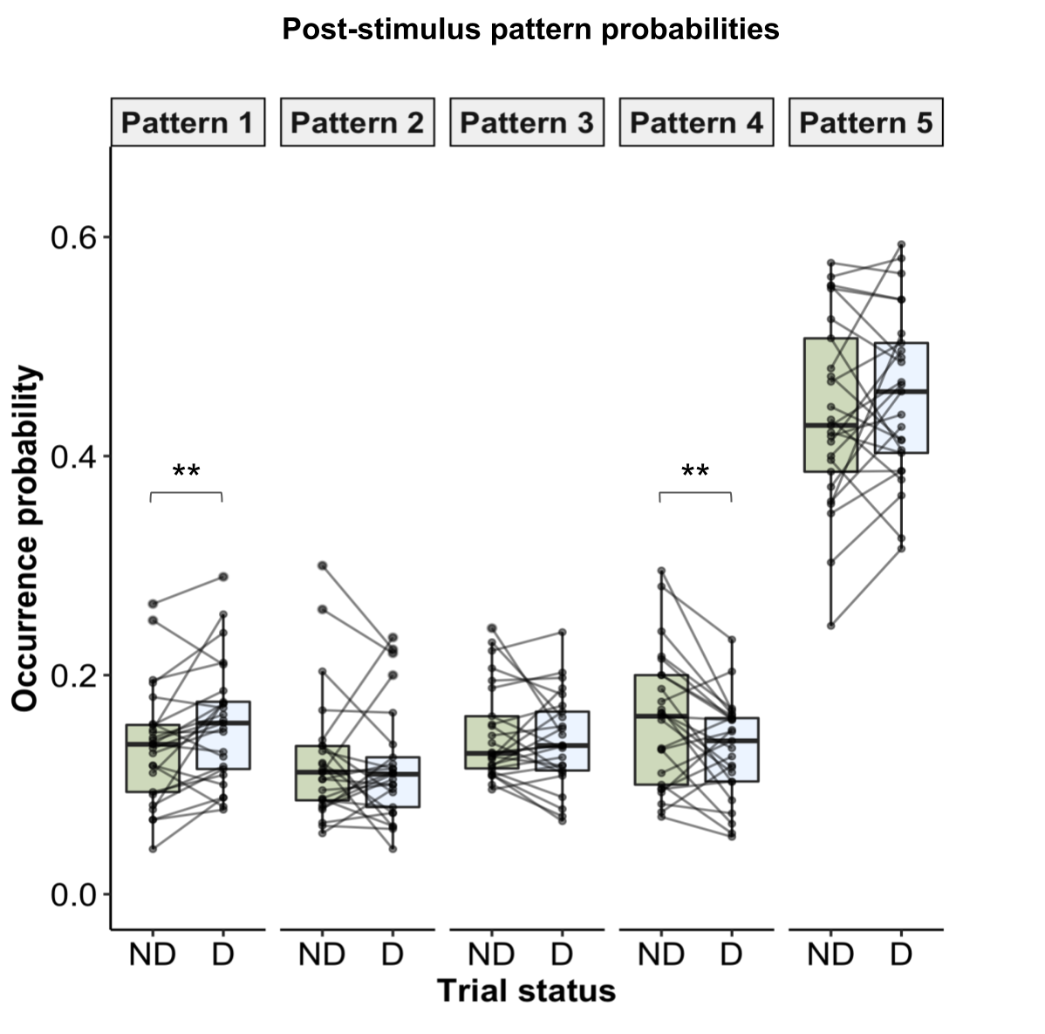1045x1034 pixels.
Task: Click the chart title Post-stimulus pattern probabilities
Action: click(x=530, y=30)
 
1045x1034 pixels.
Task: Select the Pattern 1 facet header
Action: click(x=188, y=122)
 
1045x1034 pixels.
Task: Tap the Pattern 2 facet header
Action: click(x=358, y=122)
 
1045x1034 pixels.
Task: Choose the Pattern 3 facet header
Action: click(x=527, y=122)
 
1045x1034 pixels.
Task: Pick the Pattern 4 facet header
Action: click(x=696, y=122)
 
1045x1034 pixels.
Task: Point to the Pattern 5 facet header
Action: click(x=866, y=122)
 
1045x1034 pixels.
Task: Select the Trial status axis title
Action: click(x=526, y=991)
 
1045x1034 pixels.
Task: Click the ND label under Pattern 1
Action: click(x=153, y=955)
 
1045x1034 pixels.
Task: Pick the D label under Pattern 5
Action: click(x=901, y=955)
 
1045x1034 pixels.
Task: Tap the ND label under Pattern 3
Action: click(x=491, y=955)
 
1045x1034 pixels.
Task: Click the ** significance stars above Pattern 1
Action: click(x=187, y=473)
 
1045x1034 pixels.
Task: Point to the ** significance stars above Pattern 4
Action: click(x=695, y=473)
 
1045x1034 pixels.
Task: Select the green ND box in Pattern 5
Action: click(x=830, y=405)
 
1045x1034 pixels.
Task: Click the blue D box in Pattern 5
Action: click(x=901, y=398)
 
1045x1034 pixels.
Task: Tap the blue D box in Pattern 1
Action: click(x=223, y=735)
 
